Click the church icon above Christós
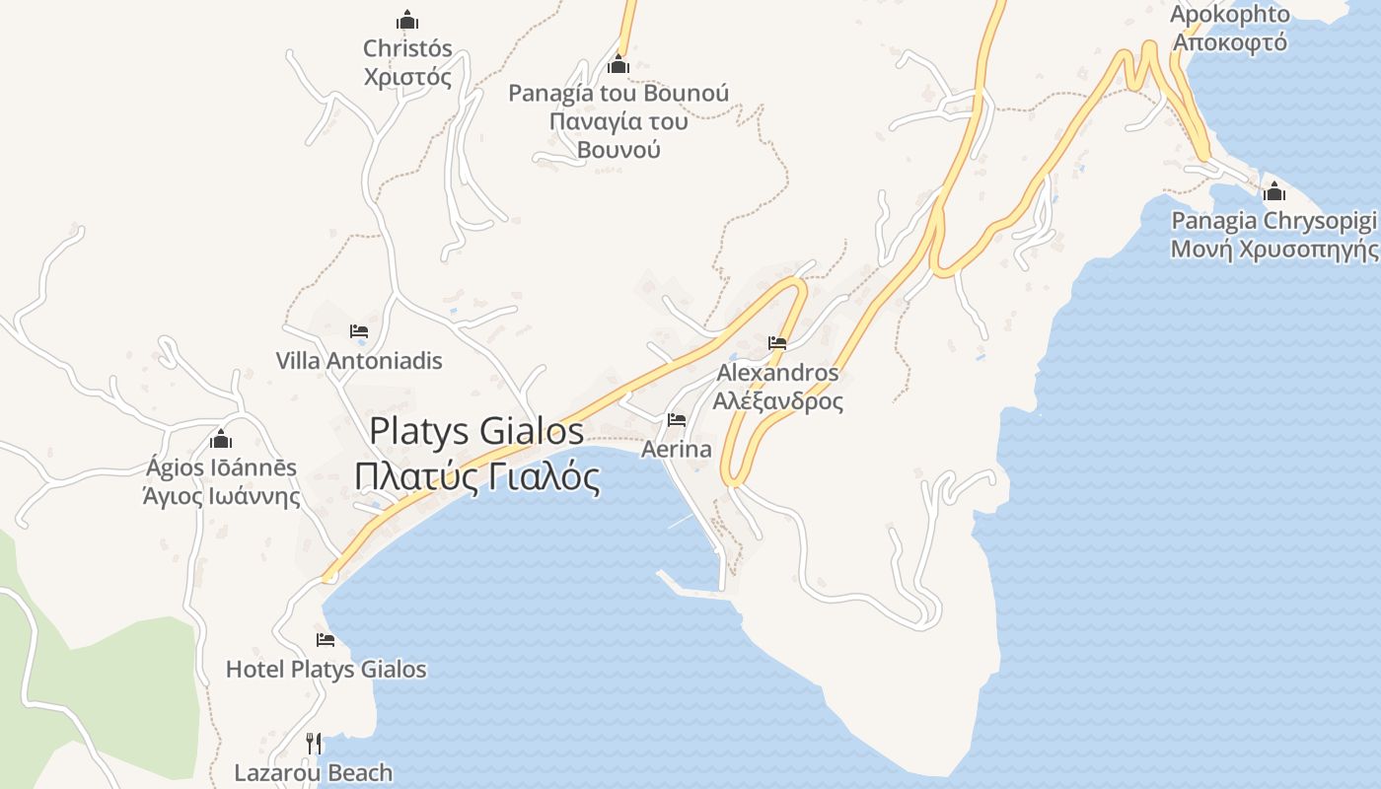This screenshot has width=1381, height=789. click(x=407, y=20)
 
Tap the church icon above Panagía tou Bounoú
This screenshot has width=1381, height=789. click(x=618, y=65)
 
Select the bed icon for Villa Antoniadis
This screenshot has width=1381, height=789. click(x=359, y=331)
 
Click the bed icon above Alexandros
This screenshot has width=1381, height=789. click(x=777, y=343)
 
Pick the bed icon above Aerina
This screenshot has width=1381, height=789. click(x=677, y=420)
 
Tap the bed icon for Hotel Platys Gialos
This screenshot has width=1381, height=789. click(x=326, y=640)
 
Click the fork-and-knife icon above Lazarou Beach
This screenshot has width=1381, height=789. click(x=314, y=743)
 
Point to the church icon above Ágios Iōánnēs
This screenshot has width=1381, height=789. click(x=221, y=439)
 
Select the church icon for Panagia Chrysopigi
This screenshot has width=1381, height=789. click(x=1274, y=191)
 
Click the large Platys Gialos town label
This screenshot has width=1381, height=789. click(x=477, y=431)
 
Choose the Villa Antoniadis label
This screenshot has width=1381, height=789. click(x=359, y=361)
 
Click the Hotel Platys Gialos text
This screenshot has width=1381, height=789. click(x=327, y=670)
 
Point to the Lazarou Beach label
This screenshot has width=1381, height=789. click(x=314, y=773)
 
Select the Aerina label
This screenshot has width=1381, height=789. click(x=677, y=450)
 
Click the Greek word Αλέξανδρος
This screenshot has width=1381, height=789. click(x=778, y=402)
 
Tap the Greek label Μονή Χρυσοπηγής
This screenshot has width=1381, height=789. click(x=1274, y=249)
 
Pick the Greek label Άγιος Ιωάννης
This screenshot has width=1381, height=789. click(x=221, y=496)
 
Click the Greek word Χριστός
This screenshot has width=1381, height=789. click(x=407, y=77)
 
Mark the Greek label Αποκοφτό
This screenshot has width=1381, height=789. click(x=1231, y=42)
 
